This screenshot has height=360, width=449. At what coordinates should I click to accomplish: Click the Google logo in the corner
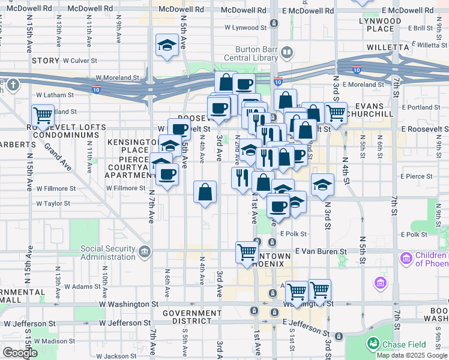20,353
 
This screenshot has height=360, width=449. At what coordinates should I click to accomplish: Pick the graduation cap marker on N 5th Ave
167,45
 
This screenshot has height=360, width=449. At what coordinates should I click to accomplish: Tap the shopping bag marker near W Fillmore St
205,192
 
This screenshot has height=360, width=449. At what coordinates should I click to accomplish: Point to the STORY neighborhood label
46,61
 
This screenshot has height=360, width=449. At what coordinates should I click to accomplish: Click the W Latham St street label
55,95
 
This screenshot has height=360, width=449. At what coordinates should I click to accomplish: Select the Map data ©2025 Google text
411,355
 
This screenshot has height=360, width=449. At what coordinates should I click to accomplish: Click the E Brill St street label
423,28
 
